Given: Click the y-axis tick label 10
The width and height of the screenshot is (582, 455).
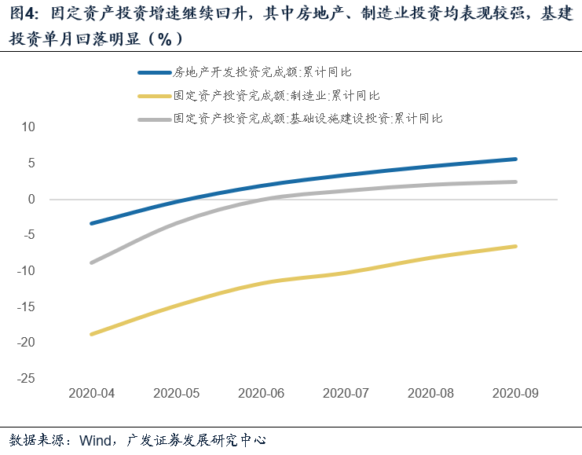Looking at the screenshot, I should pyautogui.click(x=30, y=127).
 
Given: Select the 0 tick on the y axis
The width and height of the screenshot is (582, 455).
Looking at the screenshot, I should pyautogui.click(x=33, y=199).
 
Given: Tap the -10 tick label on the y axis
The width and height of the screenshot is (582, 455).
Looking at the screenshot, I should pyautogui.click(x=28, y=270).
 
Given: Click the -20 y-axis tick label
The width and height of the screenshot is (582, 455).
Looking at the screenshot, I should pyautogui.click(x=28, y=342).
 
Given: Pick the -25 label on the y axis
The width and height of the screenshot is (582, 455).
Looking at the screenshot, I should pyautogui.click(x=28, y=378).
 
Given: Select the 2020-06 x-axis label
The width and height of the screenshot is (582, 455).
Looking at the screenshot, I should pyautogui.click(x=262, y=393).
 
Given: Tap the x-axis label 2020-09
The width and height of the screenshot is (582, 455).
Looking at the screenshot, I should pyautogui.click(x=515, y=393).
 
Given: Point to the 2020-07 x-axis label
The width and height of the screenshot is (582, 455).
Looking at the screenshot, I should pyautogui.click(x=346, y=393).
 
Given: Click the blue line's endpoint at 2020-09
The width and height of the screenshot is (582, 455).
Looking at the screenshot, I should pyautogui.click(x=515, y=159).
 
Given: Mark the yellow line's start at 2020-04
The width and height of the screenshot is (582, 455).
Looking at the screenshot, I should pyautogui.click(x=92, y=334).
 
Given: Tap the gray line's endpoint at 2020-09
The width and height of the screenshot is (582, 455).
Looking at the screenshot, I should pyautogui.click(x=515, y=182).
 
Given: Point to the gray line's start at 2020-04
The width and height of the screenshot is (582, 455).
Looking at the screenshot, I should pyautogui.click(x=92, y=262).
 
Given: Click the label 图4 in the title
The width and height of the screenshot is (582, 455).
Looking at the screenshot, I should pyautogui.click(x=24, y=13).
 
